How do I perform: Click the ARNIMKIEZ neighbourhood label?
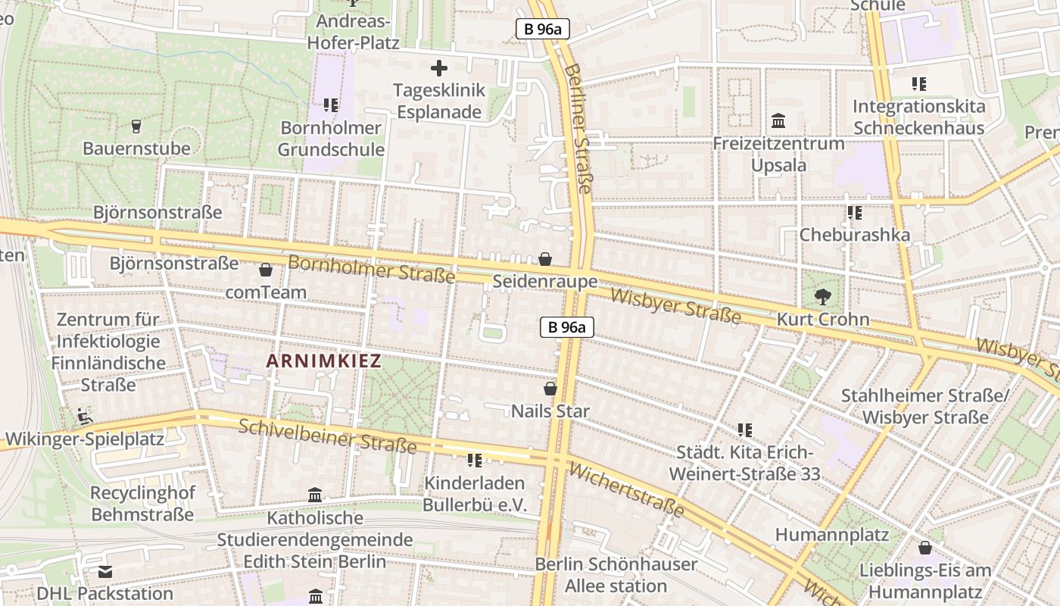point(324,361)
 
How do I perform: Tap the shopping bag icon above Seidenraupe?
point(545,260)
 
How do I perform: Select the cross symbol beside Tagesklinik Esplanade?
point(439,69)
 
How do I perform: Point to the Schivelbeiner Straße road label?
point(327,436)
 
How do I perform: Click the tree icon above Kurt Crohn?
point(822,297)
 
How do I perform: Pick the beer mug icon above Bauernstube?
point(136,126)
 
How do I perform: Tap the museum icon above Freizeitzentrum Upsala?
point(778,121)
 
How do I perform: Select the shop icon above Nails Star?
point(550,389)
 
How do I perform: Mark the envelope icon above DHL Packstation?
point(105,571)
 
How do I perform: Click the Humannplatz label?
point(831,535)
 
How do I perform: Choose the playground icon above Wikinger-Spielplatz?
point(84,416)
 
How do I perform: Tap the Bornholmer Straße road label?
point(371,270)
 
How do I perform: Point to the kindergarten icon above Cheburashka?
point(855,213)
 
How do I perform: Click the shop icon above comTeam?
point(266,270)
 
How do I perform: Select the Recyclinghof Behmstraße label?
point(142,504)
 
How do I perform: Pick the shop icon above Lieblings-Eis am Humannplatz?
point(924,548)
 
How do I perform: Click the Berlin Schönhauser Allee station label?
point(616,575)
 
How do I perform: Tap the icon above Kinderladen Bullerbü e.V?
point(475,461)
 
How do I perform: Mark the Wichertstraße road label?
point(625,489)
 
